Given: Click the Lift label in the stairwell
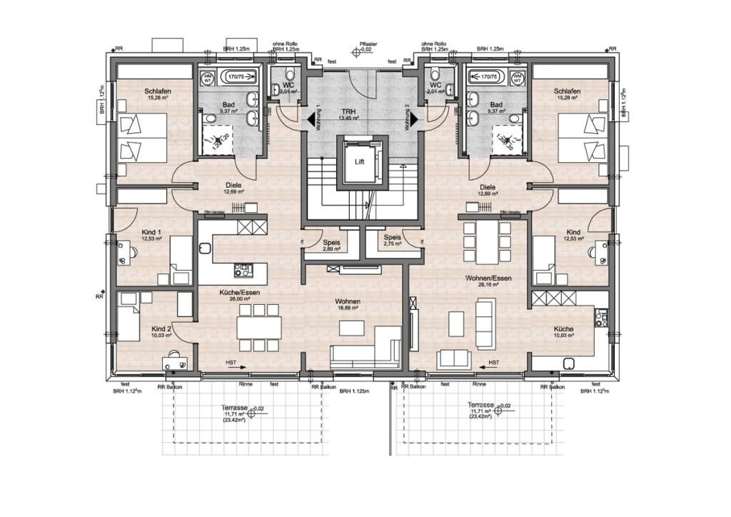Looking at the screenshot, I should tap(360, 162).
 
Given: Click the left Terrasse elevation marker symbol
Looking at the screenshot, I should tap(251, 413).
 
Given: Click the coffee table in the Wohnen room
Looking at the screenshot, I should tap(351, 328).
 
